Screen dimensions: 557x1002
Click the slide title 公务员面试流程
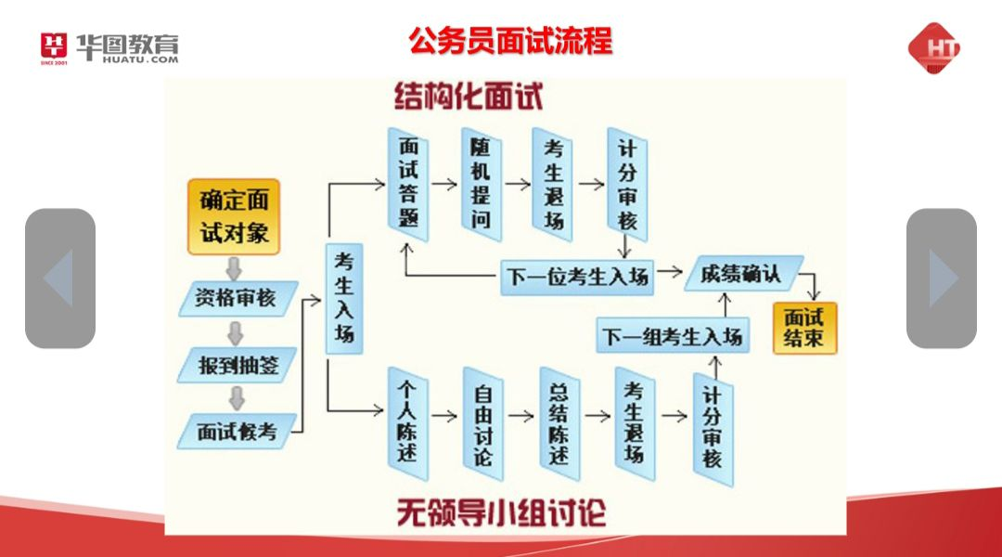point(511,41)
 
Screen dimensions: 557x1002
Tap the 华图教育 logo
point(109,46)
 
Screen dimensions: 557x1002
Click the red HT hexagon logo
point(933,48)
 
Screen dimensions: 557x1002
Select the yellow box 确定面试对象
point(234,216)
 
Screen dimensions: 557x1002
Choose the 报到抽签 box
point(238,364)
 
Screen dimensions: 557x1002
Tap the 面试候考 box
point(237,430)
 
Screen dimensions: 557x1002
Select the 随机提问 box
point(481,181)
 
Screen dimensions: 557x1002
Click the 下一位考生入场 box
point(577,277)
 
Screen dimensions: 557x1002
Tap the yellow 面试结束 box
point(804,327)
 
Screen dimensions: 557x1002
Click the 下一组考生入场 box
point(672,336)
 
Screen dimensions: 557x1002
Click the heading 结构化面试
point(469,96)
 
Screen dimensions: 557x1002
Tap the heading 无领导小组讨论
point(502,512)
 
